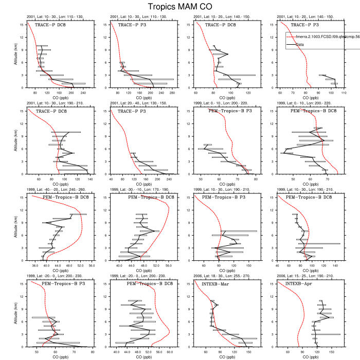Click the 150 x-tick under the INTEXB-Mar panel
coord(249,352)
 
